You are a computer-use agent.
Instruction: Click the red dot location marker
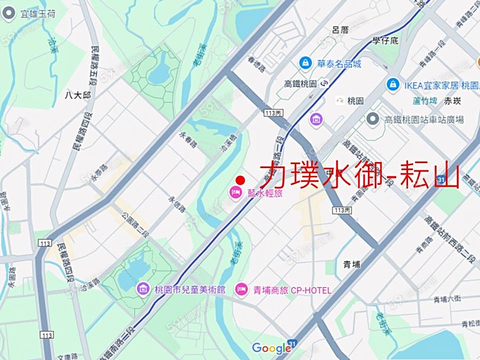pyautogui.click(x=240, y=180)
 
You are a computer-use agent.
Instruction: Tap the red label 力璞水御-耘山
pyautogui.click(x=359, y=174)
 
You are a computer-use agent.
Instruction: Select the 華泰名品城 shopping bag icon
pyautogui.click(x=306, y=63)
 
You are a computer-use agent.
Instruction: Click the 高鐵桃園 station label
pyautogui.click(x=300, y=84)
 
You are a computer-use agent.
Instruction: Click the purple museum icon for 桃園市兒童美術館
pyautogui.click(x=143, y=290)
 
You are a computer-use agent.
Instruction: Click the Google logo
pyautogui.click(x=271, y=348)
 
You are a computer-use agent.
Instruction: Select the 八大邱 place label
pyautogui.click(x=78, y=95)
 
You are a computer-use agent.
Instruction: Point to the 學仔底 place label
pyautogui.click(x=386, y=41)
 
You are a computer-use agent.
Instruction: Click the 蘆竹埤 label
pyautogui.click(x=425, y=100)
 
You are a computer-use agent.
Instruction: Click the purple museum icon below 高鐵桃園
pyautogui.click(x=316, y=119)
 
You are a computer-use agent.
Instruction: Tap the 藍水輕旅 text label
pyautogui.click(x=265, y=193)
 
